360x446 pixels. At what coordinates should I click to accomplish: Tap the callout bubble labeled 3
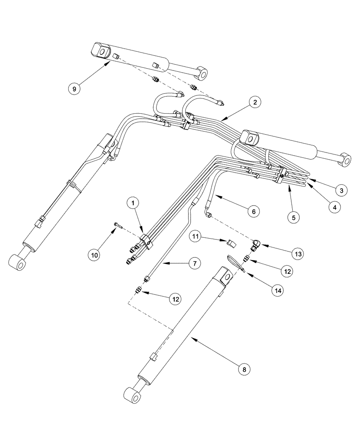(341, 190)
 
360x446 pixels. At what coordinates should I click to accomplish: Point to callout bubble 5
(293, 218)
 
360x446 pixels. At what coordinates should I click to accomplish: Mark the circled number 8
(245, 369)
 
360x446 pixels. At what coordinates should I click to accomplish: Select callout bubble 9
(75, 89)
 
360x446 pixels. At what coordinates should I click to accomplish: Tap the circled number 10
(95, 255)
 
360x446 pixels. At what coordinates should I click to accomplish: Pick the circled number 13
(297, 254)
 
